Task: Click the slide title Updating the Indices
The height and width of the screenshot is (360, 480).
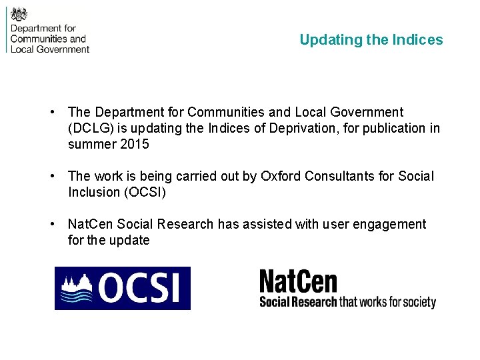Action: (x=371, y=40)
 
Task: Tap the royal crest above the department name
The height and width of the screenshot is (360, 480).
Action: (x=19, y=14)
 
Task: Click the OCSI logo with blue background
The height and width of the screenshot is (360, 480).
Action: (x=123, y=288)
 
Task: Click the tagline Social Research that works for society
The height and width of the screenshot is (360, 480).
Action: (x=347, y=301)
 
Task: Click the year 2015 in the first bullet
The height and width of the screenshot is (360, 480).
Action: (x=135, y=144)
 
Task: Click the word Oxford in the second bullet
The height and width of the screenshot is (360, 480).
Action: (x=280, y=176)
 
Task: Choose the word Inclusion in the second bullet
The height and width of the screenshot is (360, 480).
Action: (x=94, y=192)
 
